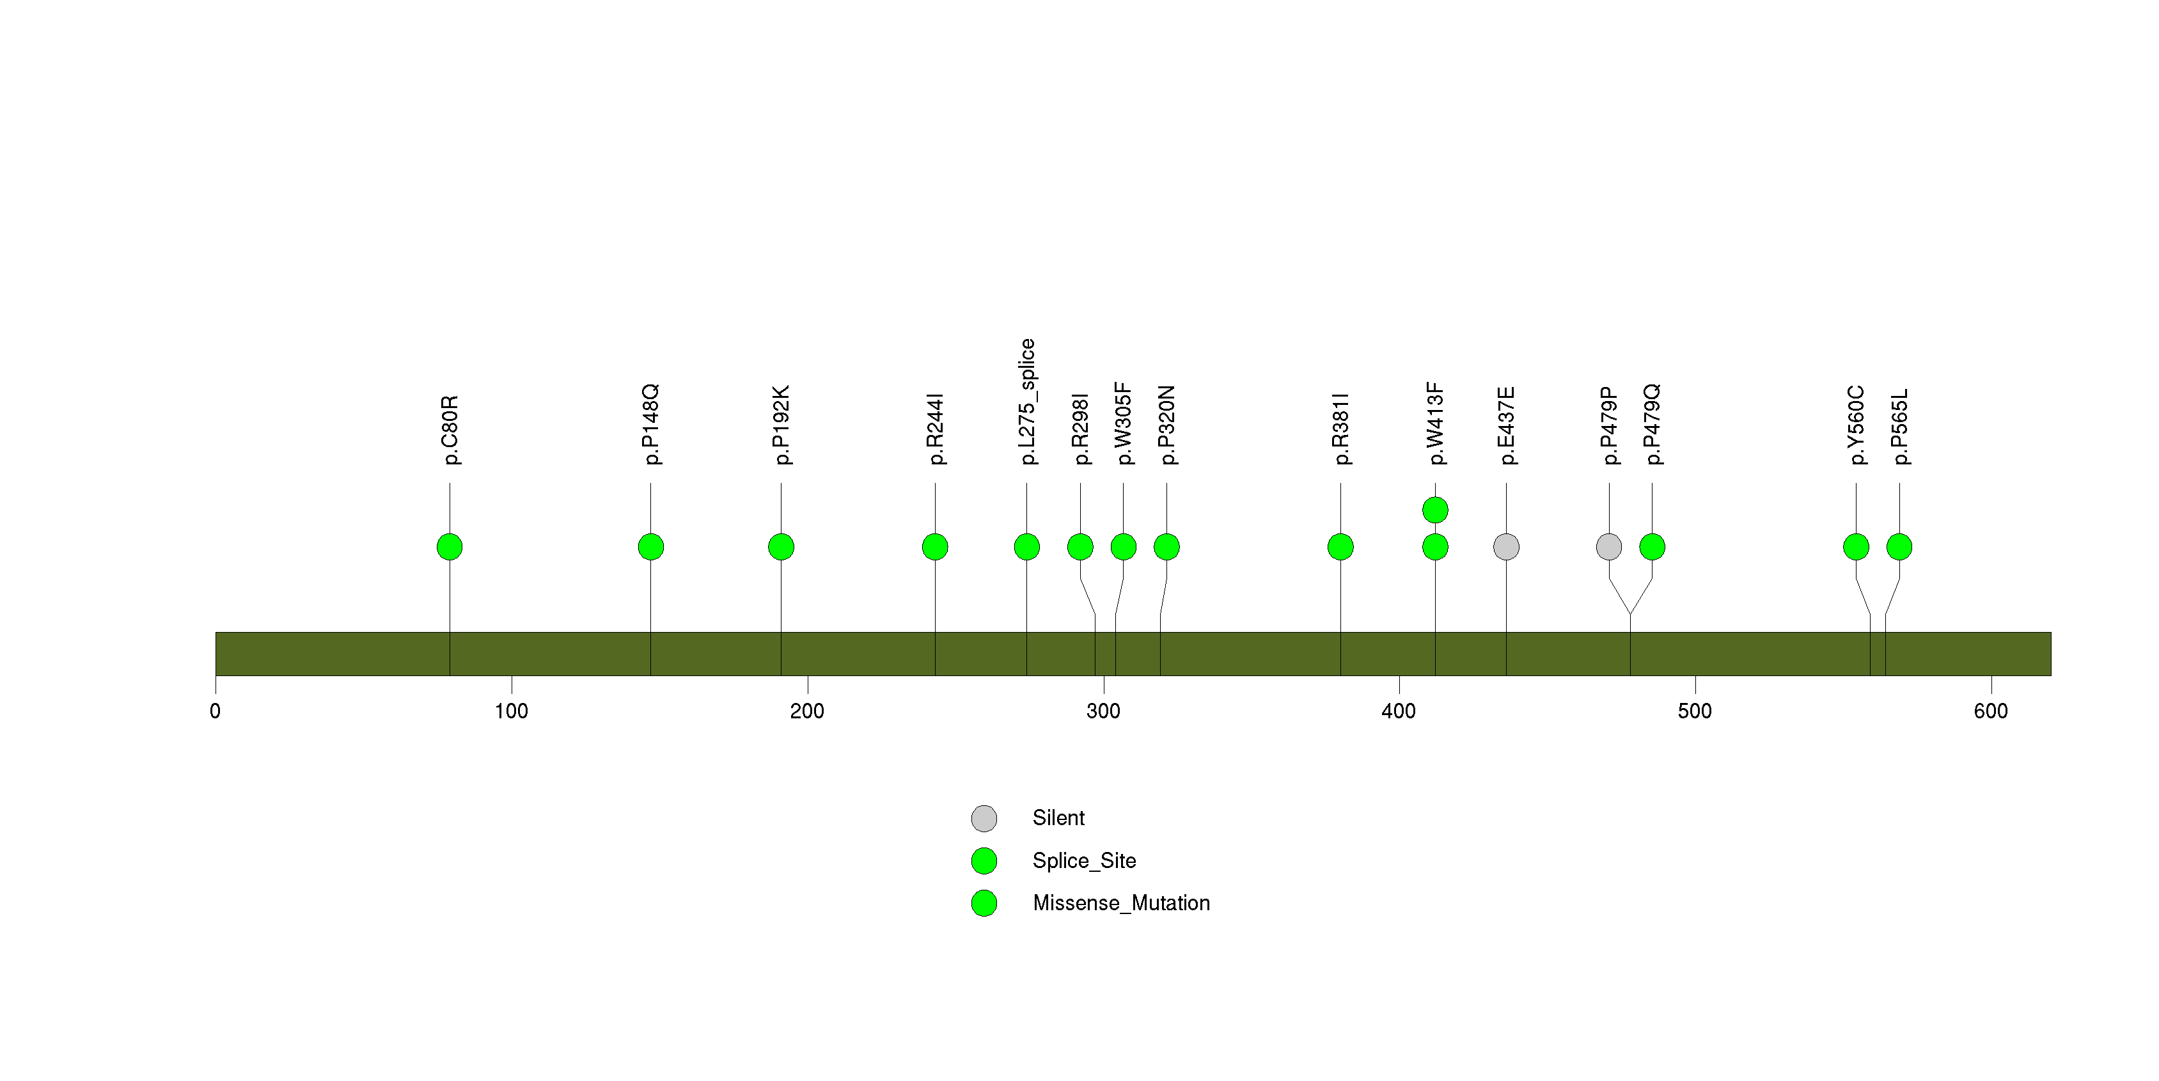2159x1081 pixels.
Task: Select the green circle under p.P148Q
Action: coord(650,547)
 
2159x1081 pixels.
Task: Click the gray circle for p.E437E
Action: coord(1506,547)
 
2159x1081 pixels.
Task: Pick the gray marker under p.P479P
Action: coord(1608,547)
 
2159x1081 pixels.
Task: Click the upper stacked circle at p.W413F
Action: coord(1435,510)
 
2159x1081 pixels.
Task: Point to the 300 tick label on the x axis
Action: coord(1103,711)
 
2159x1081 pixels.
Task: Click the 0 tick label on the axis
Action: coord(216,711)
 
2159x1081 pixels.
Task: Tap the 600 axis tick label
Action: coord(1991,711)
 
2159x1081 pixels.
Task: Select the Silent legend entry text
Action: coord(1058,818)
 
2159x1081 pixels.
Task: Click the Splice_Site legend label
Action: coord(1084,860)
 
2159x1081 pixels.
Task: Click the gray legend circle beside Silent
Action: coord(984,819)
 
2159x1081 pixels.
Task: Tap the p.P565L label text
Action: coord(1899,427)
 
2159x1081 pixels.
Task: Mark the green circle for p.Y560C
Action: coord(1856,547)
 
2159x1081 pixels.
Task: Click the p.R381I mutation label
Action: coord(1340,428)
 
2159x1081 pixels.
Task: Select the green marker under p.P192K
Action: coord(781,547)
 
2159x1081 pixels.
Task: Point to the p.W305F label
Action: coord(1123,423)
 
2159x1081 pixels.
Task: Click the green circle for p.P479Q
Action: coord(1652,547)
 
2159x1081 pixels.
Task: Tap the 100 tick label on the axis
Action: coord(511,711)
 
